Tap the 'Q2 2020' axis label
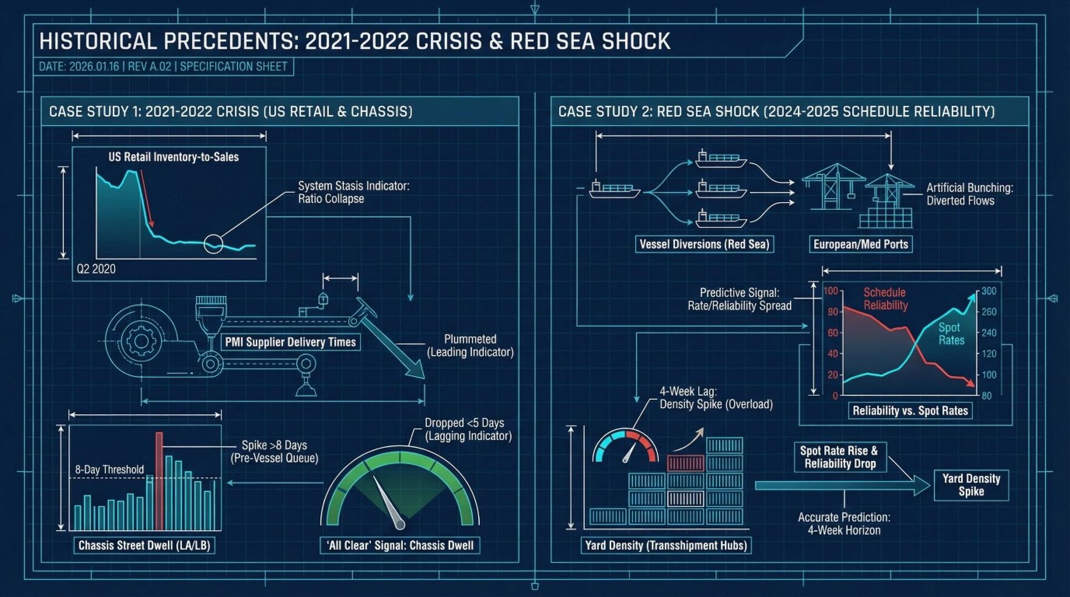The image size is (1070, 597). (x=96, y=269)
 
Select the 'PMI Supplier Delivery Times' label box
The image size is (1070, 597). (x=290, y=342)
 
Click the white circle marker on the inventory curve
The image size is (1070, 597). (x=213, y=244)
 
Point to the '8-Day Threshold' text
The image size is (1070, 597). (x=109, y=469)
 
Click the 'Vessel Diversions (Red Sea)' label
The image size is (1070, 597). (x=704, y=244)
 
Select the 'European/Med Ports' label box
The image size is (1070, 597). (x=860, y=244)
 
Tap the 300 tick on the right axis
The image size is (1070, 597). (x=989, y=291)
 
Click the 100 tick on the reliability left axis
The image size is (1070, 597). (x=830, y=291)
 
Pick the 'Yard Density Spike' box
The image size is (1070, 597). (x=971, y=485)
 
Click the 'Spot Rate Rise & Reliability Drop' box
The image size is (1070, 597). (x=839, y=457)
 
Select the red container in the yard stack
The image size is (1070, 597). (x=685, y=463)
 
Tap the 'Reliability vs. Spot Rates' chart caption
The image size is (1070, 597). (x=910, y=411)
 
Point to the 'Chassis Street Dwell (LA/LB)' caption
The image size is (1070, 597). (x=144, y=545)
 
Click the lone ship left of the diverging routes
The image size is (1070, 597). (x=614, y=189)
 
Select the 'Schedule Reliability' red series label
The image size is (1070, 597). (x=885, y=298)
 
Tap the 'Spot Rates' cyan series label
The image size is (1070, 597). (x=951, y=334)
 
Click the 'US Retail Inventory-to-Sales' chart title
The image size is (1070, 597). (x=173, y=157)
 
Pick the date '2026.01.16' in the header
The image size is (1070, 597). (x=94, y=67)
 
